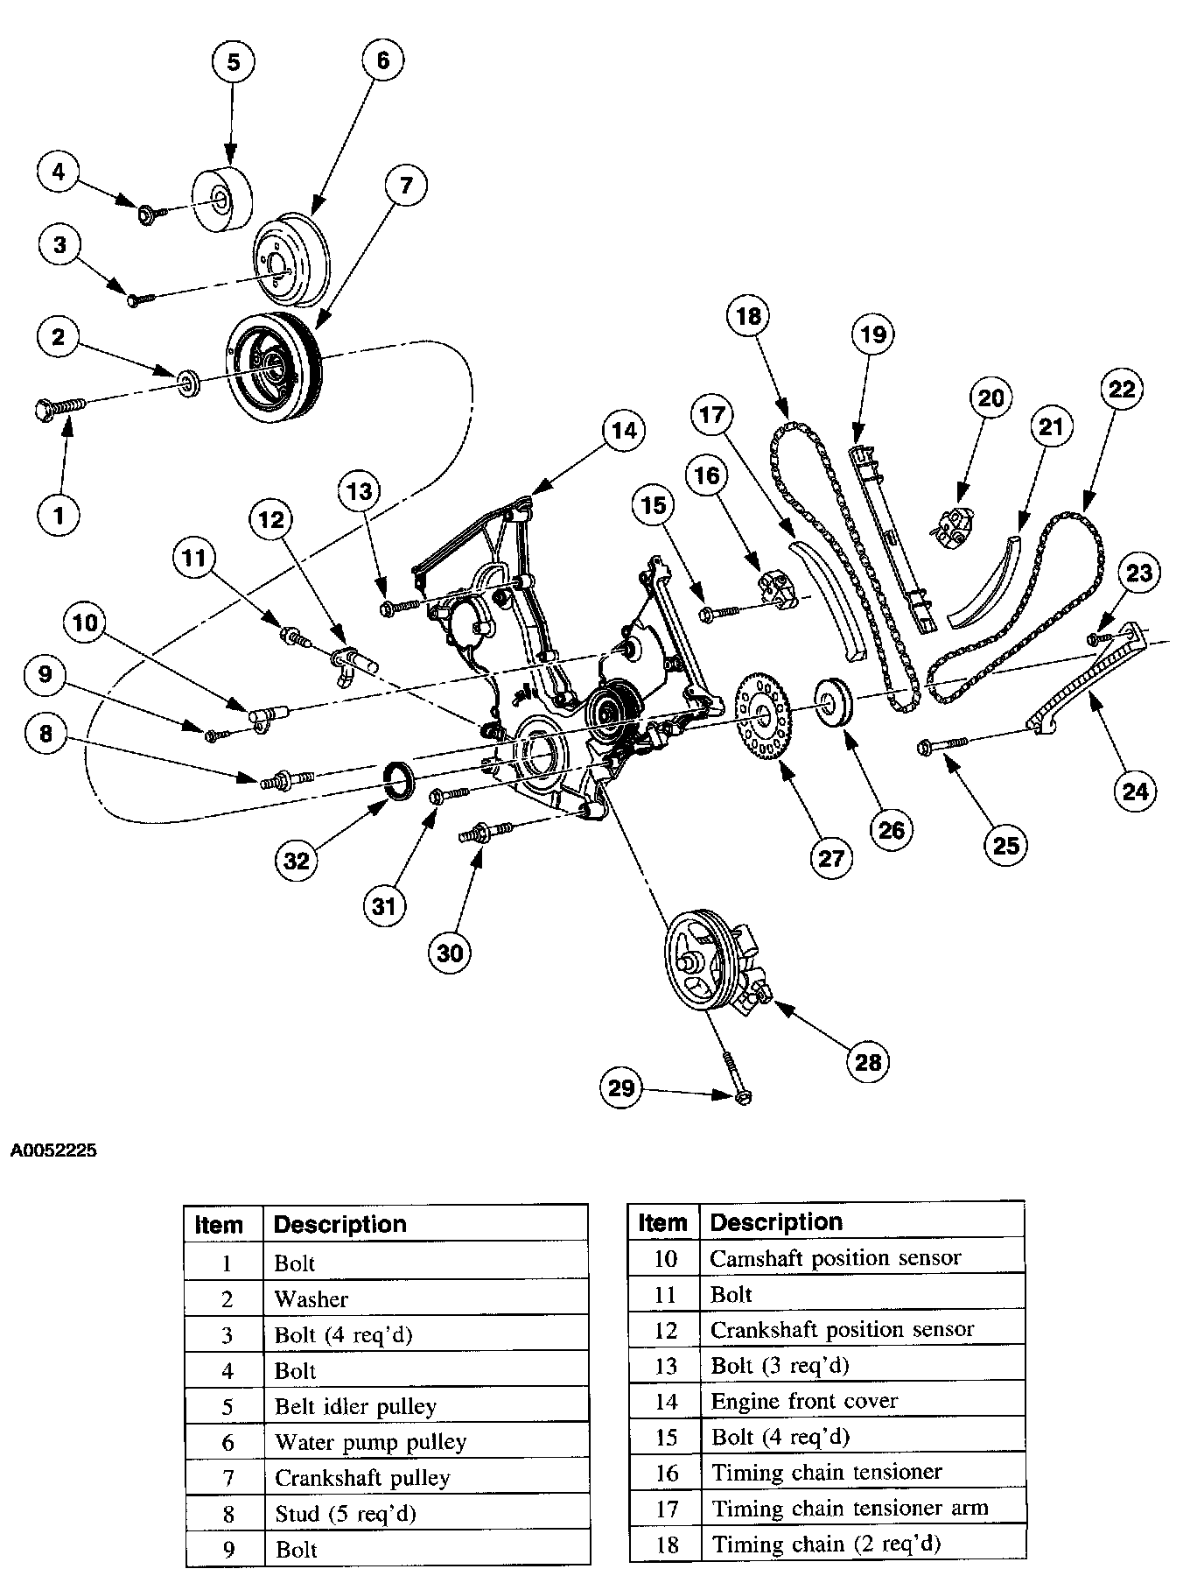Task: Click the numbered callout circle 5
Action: (233, 61)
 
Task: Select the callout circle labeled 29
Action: (622, 1088)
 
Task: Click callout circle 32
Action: (297, 861)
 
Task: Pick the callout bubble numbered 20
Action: (990, 398)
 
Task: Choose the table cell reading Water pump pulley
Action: (371, 1441)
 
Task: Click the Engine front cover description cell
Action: (804, 1401)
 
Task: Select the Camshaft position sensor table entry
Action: (835, 1258)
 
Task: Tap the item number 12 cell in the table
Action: (666, 1330)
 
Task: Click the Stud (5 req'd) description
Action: (346, 1513)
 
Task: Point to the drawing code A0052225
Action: (53, 1151)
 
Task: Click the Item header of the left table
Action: (219, 1224)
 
